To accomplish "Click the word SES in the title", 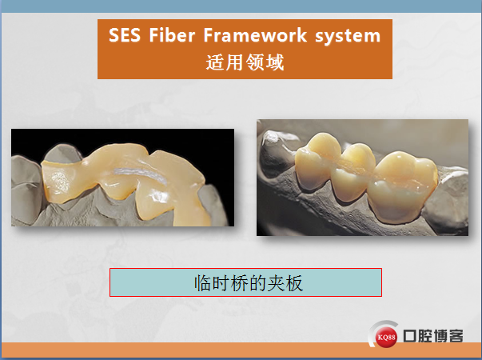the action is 125,34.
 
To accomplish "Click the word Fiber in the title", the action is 172,34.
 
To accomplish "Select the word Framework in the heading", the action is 255,34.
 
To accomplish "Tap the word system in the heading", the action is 348,36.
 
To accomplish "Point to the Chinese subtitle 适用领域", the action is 245,62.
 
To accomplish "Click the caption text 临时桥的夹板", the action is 249,282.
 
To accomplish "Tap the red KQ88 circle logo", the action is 386,338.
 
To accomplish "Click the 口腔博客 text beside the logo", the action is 433,336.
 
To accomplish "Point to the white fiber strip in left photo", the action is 140,174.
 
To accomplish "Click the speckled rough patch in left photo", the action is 60,182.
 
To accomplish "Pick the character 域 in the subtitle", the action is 274,62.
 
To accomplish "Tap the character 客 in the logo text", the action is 456,336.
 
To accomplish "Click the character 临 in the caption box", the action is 203,282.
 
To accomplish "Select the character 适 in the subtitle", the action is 215,62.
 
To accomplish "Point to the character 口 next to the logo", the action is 410,336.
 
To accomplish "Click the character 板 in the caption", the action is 294,282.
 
